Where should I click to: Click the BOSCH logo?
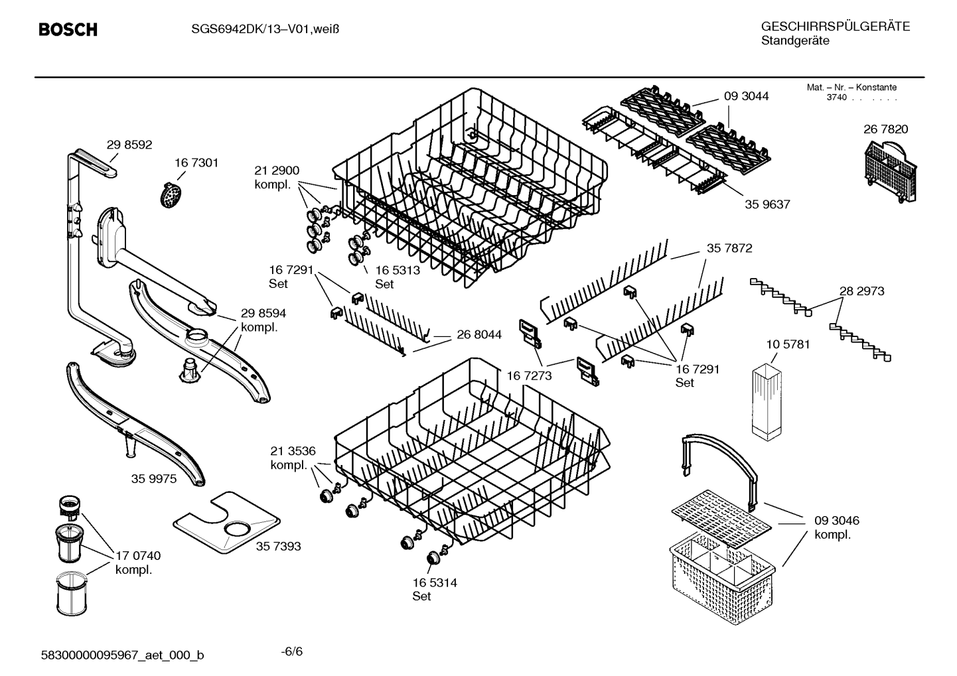(x=68, y=29)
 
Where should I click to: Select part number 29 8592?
(x=129, y=145)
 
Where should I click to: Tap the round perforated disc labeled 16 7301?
(x=171, y=196)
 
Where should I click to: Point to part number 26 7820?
(x=885, y=129)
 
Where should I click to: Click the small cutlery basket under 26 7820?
(x=891, y=172)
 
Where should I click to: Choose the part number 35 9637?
(x=767, y=204)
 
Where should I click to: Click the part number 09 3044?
(x=747, y=96)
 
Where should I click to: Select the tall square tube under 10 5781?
(x=767, y=402)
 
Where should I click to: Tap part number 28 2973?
(x=861, y=291)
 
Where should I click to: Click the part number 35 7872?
(x=729, y=248)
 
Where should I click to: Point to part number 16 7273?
(x=529, y=375)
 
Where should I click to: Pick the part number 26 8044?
(x=479, y=334)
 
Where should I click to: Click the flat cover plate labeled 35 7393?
(x=226, y=523)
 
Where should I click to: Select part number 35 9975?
(x=154, y=479)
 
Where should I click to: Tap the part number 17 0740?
(x=138, y=555)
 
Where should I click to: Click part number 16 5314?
(x=435, y=582)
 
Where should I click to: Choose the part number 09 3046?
(x=836, y=521)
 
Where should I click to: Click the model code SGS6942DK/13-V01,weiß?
(x=265, y=29)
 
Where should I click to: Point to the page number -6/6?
(x=292, y=651)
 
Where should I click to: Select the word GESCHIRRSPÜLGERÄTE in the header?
(x=836, y=27)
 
